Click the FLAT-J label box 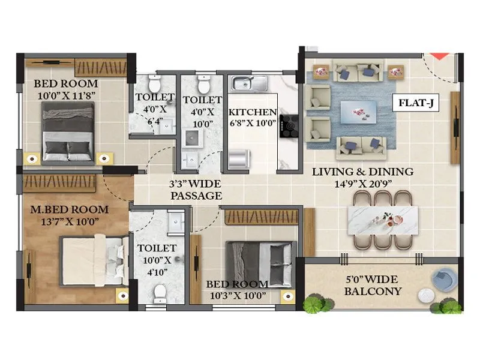click(x=416, y=103)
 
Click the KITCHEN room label click(x=253, y=112)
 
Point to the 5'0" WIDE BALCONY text click(x=374, y=286)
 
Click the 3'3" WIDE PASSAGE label click(x=196, y=190)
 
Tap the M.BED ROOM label click(x=70, y=209)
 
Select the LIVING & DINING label click(x=363, y=172)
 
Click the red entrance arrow click(x=439, y=56)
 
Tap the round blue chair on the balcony click(x=445, y=280)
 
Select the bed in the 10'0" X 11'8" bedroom click(x=68, y=131)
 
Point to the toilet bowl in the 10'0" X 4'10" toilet click(x=160, y=292)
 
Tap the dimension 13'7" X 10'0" click(x=70, y=222)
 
